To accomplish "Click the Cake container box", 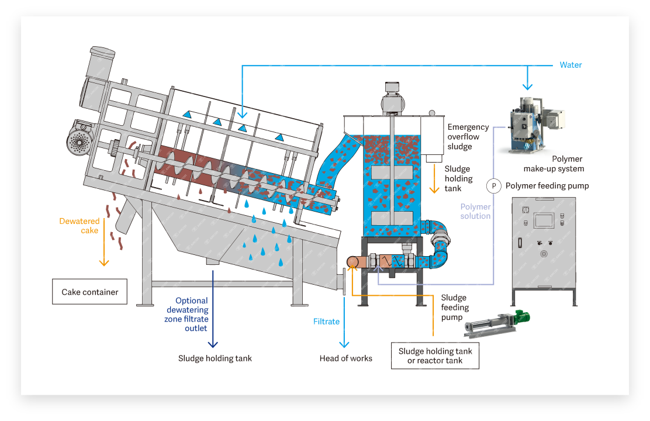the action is pyautogui.click(x=89, y=292).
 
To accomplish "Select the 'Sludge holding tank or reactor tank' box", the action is pyautogui.click(x=435, y=356).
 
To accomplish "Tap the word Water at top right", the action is pyautogui.click(x=571, y=65).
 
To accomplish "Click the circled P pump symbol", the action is pyautogui.click(x=493, y=186).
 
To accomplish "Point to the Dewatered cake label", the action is pyautogui.click(x=79, y=226).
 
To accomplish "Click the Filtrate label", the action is pyautogui.click(x=326, y=322).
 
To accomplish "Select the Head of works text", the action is pyautogui.click(x=345, y=358).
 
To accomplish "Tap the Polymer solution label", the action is pyautogui.click(x=475, y=211).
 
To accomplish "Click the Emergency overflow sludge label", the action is pyautogui.click(x=468, y=136).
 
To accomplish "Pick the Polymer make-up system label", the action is pyautogui.click(x=554, y=164).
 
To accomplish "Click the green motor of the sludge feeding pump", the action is pyautogui.click(x=522, y=318).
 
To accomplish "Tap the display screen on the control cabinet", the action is pyautogui.click(x=544, y=220).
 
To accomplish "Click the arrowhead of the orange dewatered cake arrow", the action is pyautogui.click(x=104, y=263).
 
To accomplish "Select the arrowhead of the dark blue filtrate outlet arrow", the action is pyautogui.click(x=213, y=344).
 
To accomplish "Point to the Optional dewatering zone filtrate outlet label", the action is pyautogui.click(x=186, y=315).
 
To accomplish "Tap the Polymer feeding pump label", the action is pyautogui.click(x=547, y=186).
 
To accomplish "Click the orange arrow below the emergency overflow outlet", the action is pyautogui.click(x=434, y=179).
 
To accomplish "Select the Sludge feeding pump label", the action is pyautogui.click(x=455, y=308).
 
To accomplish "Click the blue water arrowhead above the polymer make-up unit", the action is pyautogui.click(x=527, y=87).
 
